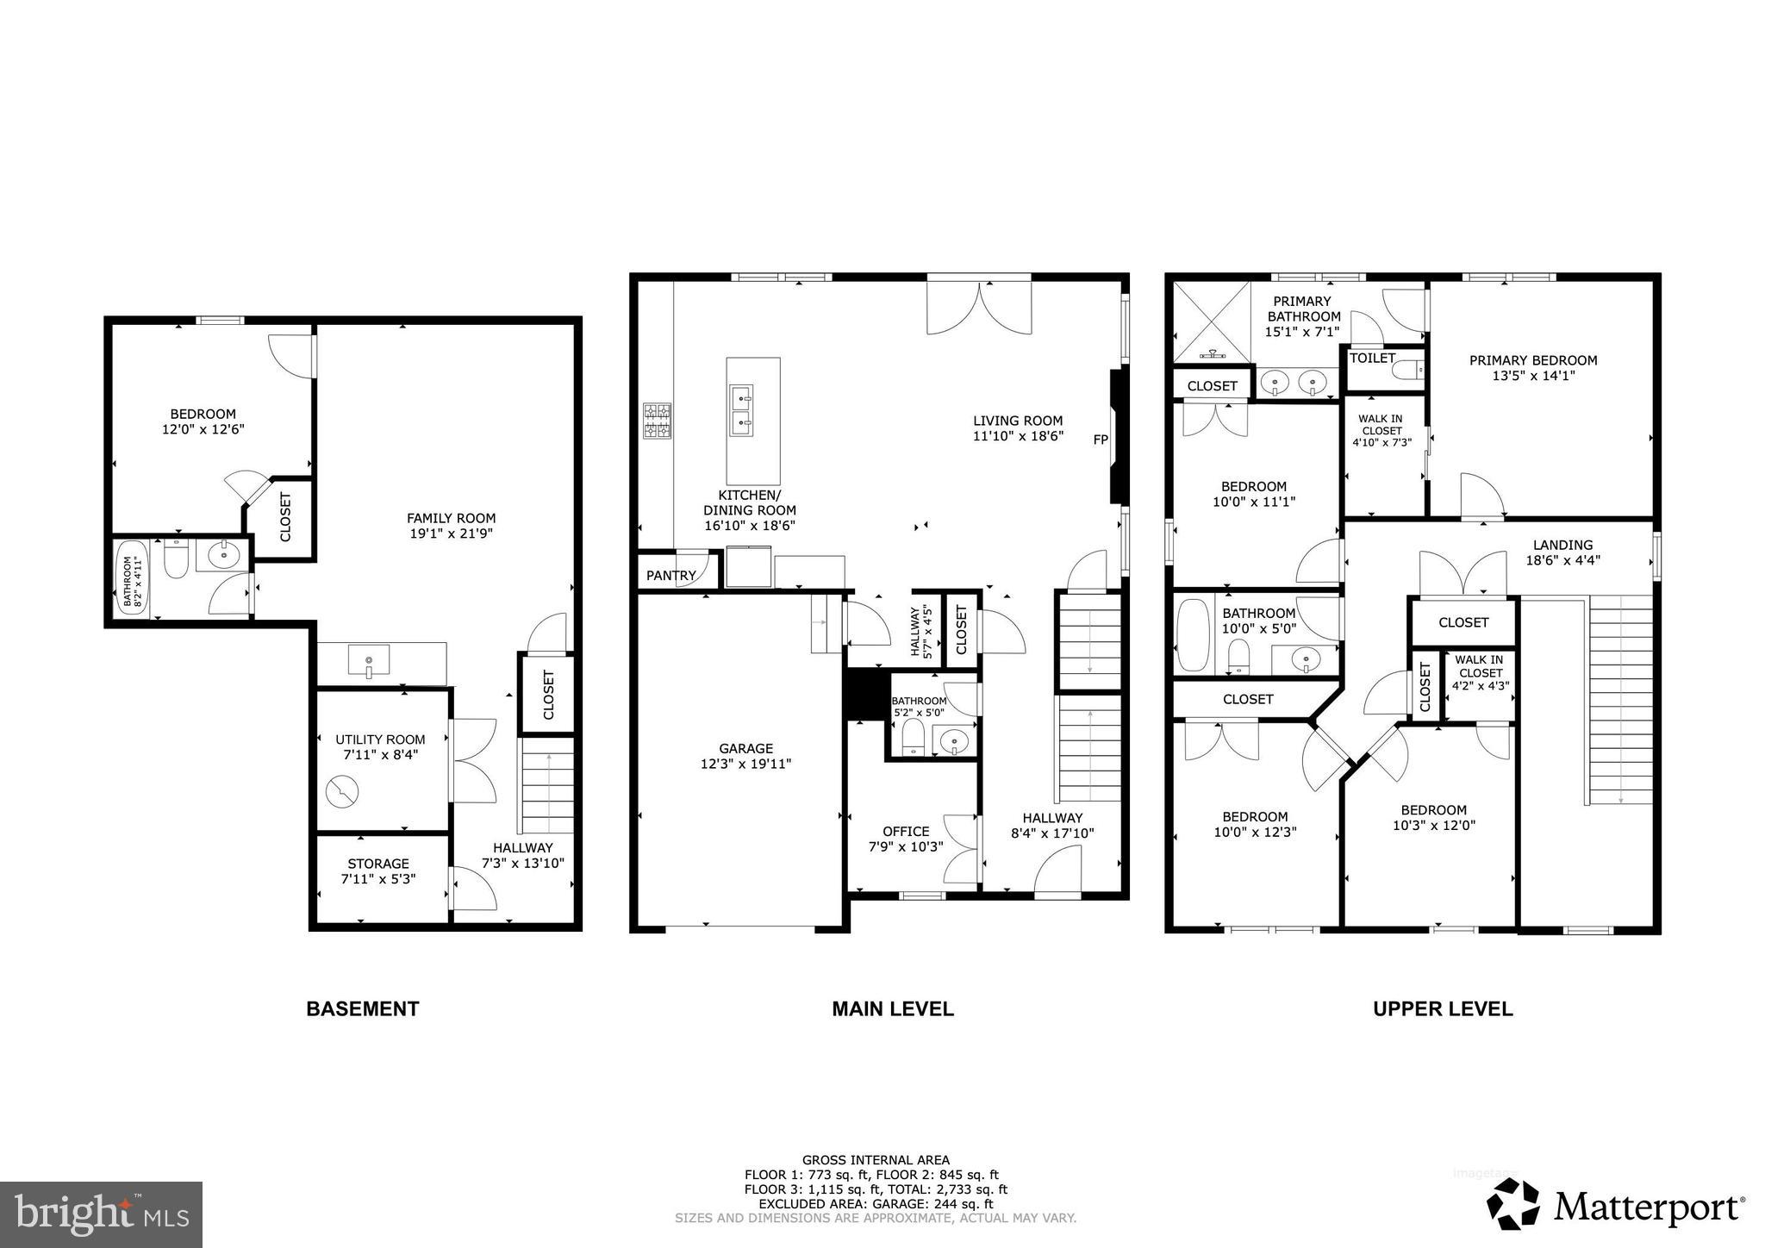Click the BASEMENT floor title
362,1008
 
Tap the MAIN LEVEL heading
892,1008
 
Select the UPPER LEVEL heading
1443,1008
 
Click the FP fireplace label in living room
1100,440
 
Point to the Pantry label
670,575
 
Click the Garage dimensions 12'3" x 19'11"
745,764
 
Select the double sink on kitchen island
740,411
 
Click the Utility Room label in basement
380,739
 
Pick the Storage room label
378,864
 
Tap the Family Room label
451,518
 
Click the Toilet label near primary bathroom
1372,358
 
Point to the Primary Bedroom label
1533,360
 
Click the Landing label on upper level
1562,545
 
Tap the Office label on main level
906,831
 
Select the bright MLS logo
101,1214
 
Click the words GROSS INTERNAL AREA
876,1160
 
